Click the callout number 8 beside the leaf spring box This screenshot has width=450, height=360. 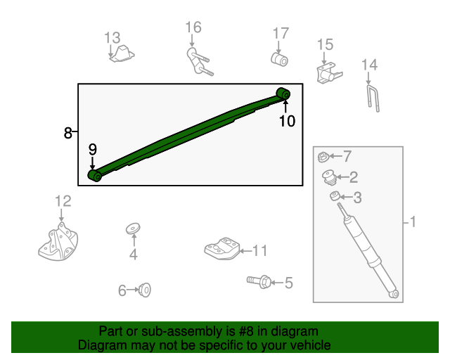[x=67, y=133]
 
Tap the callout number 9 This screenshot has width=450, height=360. [x=92, y=150]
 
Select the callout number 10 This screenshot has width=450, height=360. [x=287, y=121]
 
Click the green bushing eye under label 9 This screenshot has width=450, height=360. [x=95, y=175]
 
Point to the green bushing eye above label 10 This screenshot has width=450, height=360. [x=283, y=94]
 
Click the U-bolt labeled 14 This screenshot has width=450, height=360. [x=373, y=98]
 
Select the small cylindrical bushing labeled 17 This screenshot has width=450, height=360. [x=279, y=60]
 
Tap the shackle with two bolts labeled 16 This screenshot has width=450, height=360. [x=199, y=63]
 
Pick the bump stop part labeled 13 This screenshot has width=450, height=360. [x=122, y=53]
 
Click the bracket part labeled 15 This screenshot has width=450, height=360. [x=329, y=74]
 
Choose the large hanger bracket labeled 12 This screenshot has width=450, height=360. [x=58, y=242]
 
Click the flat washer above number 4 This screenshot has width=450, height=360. [x=133, y=229]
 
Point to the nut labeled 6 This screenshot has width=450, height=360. [x=145, y=290]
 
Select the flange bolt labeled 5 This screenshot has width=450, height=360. [x=259, y=282]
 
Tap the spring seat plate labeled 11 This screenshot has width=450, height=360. [x=222, y=249]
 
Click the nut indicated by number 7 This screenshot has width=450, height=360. [x=323, y=157]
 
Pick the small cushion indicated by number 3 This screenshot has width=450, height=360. [x=335, y=196]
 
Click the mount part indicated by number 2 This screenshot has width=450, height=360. [x=329, y=178]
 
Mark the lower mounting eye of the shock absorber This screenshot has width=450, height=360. [x=394, y=294]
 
